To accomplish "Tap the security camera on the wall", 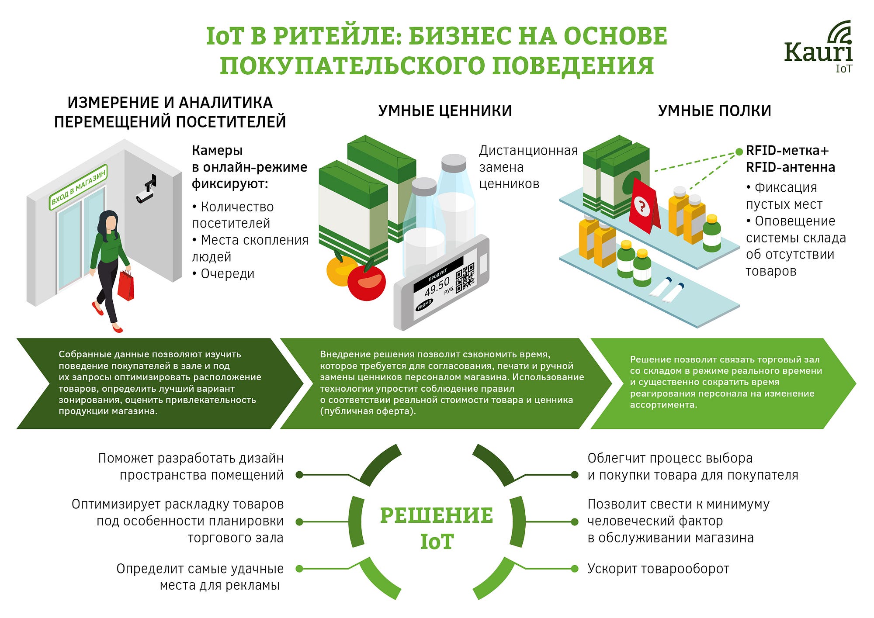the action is coord(146,190).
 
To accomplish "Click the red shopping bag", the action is coord(126,286).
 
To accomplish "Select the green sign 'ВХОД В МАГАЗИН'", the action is coord(78,187).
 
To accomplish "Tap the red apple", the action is coord(366,282).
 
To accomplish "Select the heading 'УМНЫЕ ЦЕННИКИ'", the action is coord(445,111).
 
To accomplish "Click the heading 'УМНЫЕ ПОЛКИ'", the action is coord(714,111).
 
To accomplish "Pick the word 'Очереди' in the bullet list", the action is coord(227,274).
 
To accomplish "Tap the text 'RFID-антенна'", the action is coord(790,167).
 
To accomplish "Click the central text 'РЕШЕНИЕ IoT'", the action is coord(437,528).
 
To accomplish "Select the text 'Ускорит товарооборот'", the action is coord(658,569).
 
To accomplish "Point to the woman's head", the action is coord(109,221).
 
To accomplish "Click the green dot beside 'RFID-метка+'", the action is coord(739,152).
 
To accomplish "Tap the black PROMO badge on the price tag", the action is coord(424,304).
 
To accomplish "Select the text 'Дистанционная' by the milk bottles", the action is coord(528,151).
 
